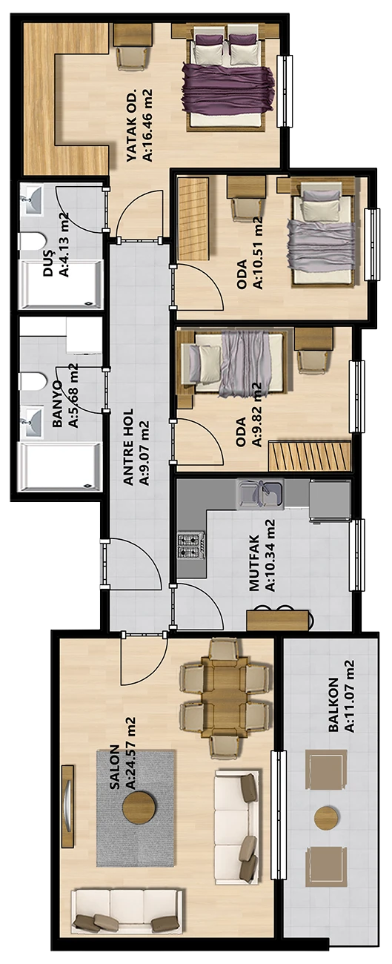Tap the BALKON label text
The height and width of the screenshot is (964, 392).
coord(333,704)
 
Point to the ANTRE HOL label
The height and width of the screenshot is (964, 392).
coord(128,446)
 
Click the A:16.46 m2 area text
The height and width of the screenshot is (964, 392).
coord(147,125)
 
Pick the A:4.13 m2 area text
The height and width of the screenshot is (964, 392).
coord(64,245)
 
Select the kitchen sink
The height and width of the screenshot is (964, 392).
coord(259,494)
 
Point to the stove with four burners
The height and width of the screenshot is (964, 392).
coord(191,547)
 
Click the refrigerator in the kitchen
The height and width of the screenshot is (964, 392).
coord(330,501)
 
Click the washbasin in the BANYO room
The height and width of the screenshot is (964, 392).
coord(31,422)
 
